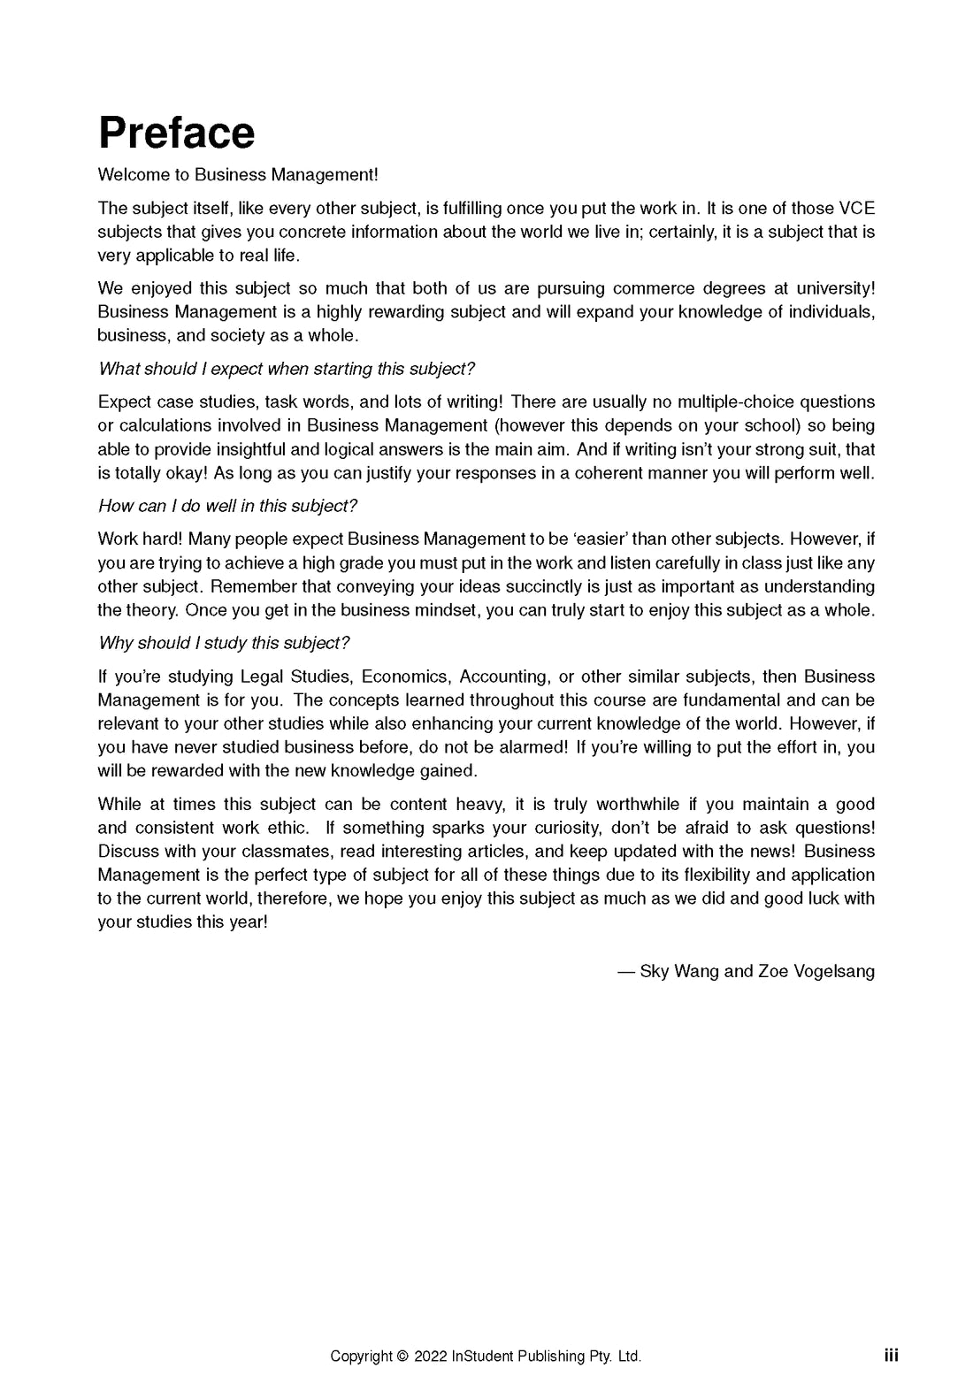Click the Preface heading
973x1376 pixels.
tap(176, 134)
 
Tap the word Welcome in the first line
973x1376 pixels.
tap(130, 175)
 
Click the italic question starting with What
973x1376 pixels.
tap(287, 369)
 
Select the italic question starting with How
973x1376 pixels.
tap(227, 506)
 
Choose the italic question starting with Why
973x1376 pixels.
tap(224, 643)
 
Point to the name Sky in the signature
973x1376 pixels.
tap(654, 972)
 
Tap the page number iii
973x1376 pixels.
tap(891, 1356)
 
